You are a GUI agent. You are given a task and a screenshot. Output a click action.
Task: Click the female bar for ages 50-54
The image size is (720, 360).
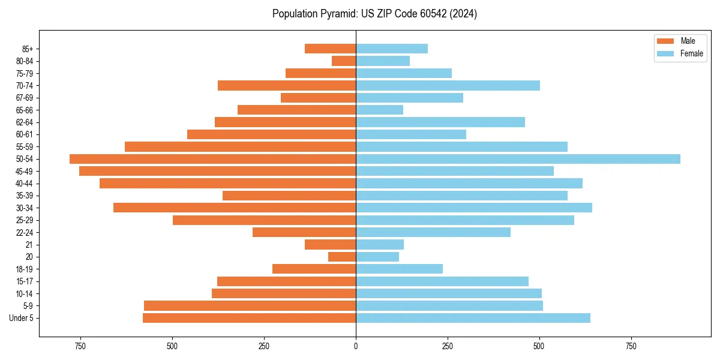(518, 159)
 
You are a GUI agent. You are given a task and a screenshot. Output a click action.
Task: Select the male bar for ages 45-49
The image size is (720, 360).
(217, 171)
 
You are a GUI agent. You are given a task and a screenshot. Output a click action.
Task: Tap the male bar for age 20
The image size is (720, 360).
(342, 257)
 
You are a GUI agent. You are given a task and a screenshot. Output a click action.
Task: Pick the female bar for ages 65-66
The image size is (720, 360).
(379, 110)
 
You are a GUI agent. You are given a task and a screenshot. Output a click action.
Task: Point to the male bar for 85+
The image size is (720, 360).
(330, 49)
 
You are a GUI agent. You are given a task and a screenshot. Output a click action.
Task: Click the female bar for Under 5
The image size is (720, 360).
(473, 318)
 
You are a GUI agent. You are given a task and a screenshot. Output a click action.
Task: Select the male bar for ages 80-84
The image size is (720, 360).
(344, 61)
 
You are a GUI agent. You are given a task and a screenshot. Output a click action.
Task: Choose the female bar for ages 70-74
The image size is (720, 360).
(448, 85)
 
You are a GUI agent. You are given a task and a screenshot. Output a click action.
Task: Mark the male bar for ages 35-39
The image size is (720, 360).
(289, 196)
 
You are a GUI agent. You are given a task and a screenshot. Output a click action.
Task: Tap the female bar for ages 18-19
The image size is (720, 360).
(399, 269)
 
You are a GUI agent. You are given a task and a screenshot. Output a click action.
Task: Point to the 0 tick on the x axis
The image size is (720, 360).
(356, 346)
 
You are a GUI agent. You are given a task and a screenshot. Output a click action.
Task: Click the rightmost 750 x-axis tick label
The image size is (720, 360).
(631, 346)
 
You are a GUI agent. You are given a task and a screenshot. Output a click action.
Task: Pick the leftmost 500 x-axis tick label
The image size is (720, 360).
(172, 346)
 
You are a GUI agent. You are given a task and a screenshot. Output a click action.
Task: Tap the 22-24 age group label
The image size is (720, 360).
(25, 232)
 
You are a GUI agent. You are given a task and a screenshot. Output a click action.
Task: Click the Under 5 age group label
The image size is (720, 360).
(21, 318)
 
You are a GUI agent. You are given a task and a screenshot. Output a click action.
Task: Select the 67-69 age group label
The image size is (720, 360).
(25, 98)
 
